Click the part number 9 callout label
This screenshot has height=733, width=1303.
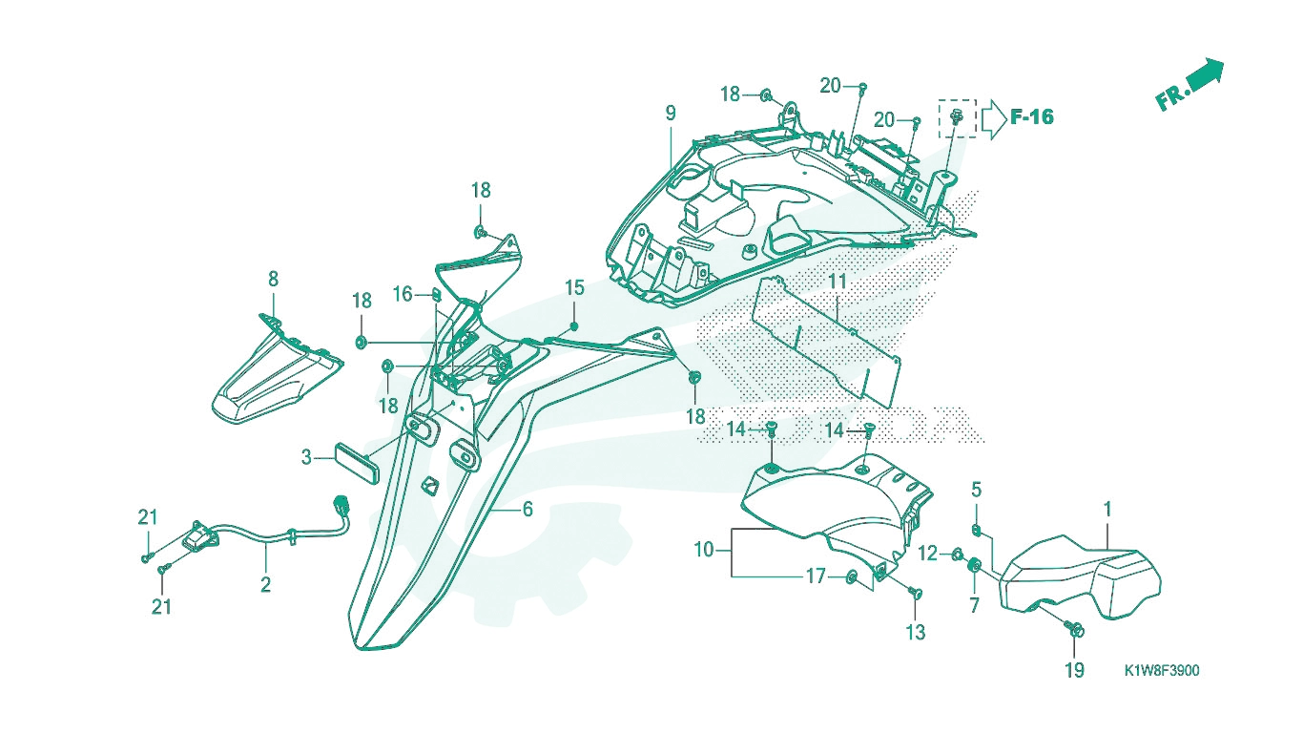pyautogui.click(x=671, y=113)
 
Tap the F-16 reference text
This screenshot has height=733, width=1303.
pyautogui.click(x=1032, y=117)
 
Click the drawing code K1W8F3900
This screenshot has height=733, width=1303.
pyautogui.click(x=1162, y=671)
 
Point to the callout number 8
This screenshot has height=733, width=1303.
pyautogui.click(x=273, y=280)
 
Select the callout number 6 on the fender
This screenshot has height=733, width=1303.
pyautogui.click(x=527, y=510)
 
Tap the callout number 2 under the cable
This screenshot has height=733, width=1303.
pyautogui.click(x=265, y=584)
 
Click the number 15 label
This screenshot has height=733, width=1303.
pyautogui.click(x=575, y=287)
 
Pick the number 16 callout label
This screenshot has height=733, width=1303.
pyautogui.click(x=403, y=294)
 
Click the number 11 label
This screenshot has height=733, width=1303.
pyautogui.click(x=838, y=282)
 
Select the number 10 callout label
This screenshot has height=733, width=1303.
pyautogui.click(x=704, y=549)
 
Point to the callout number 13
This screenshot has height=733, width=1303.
pyautogui.click(x=916, y=632)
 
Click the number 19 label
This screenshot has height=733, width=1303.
pyautogui.click(x=1074, y=670)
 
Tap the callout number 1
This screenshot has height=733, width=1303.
pyautogui.click(x=1107, y=510)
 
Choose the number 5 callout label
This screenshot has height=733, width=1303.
pyautogui.click(x=976, y=490)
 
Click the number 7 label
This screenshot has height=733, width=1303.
pyautogui.click(x=974, y=605)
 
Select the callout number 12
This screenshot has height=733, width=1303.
pyautogui.click(x=928, y=554)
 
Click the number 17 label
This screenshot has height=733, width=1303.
pyautogui.click(x=816, y=576)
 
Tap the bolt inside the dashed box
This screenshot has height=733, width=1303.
pyautogui.click(x=956, y=117)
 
